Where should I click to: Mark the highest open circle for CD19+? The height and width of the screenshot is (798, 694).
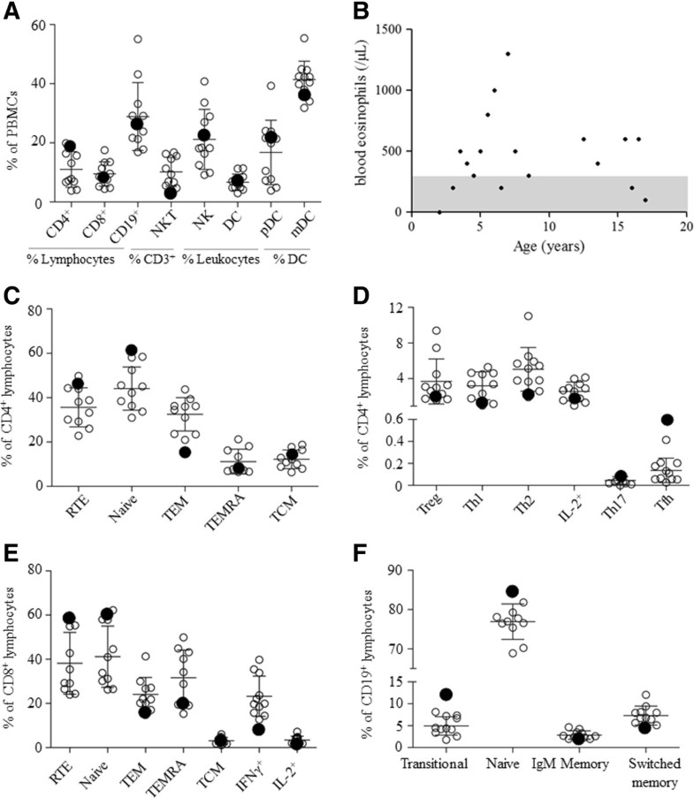[138, 39]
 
